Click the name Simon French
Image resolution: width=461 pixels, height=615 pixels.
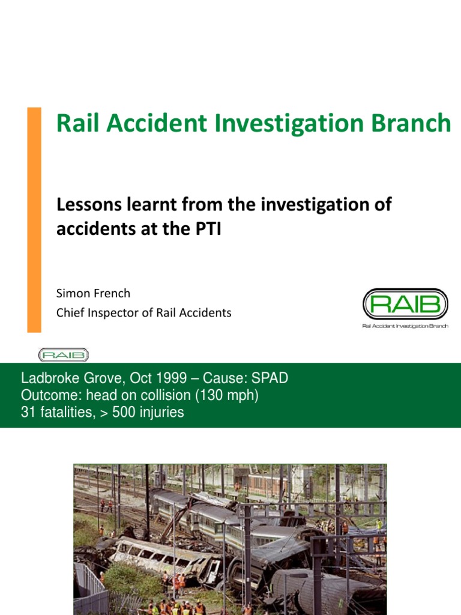[x=93, y=294]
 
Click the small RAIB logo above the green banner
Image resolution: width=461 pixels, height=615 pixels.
[x=63, y=355]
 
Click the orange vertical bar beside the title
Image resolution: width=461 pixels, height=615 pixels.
[x=34, y=219]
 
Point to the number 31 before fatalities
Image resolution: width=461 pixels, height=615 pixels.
[x=28, y=413]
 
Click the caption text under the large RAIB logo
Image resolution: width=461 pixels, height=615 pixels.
[x=405, y=326]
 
